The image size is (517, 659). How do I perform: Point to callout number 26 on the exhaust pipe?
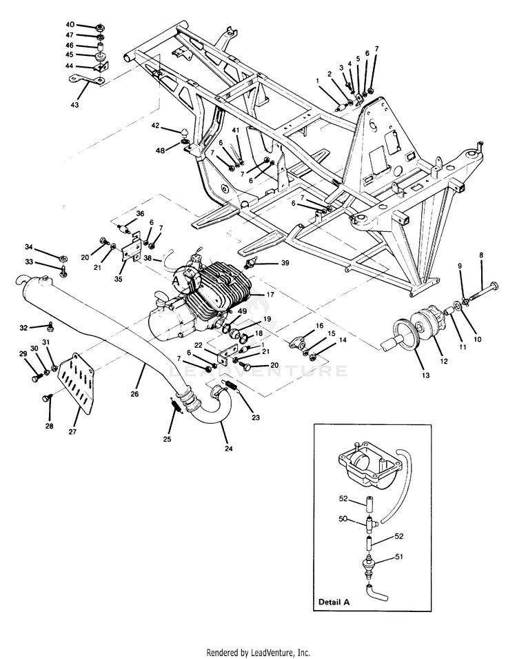pos(134,394)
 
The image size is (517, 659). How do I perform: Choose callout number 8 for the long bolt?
pos(481,255)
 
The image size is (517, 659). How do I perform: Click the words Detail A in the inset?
pos(334,601)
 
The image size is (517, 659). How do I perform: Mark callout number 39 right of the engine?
pos(284,264)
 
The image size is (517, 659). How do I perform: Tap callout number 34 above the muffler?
pos(29,246)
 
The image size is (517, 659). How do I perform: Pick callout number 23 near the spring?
pos(257,417)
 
